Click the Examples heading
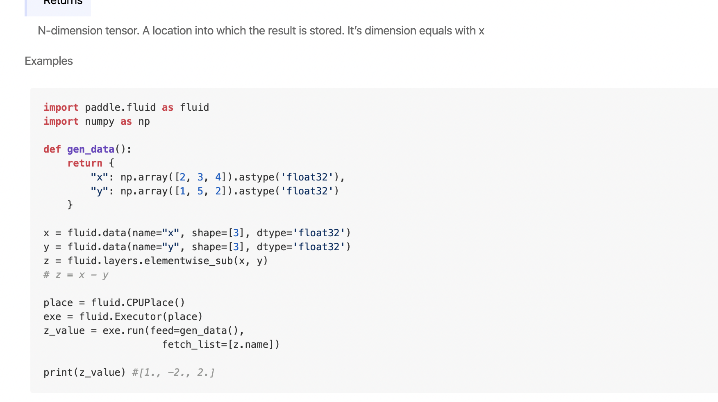point(49,61)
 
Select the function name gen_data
point(91,149)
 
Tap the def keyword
point(52,149)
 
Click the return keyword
point(85,163)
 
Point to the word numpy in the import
point(100,121)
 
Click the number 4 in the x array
point(218,177)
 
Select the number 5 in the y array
point(200,191)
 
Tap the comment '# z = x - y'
point(76,275)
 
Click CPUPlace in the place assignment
point(150,303)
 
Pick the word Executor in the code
point(138,317)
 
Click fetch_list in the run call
point(191,345)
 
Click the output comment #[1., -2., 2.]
point(173,372)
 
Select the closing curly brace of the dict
point(70,205)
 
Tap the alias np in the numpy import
point(144,121)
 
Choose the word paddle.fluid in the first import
point(120,107)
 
